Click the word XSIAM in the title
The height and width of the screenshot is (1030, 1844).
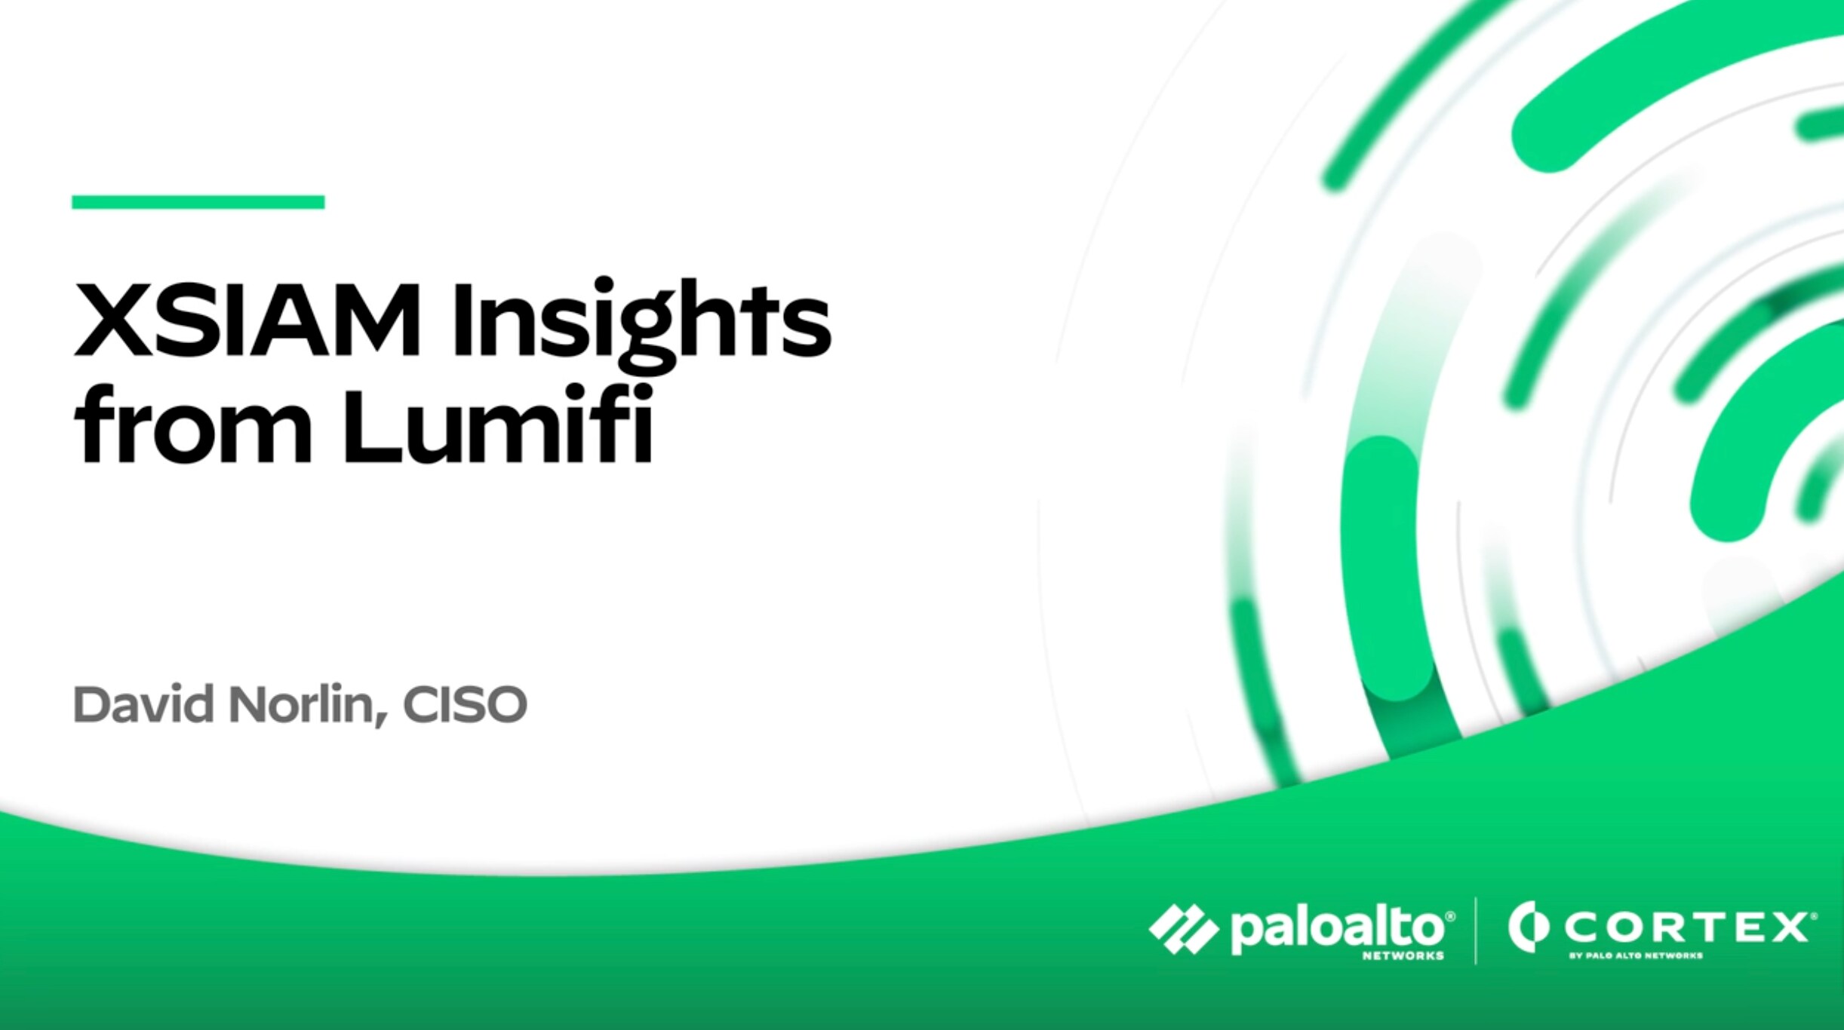coord(247,319)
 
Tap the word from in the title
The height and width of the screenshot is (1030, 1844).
coord(192,424)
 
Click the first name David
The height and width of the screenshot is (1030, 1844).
coord(143,704)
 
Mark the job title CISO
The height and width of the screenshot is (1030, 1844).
coord(465,704)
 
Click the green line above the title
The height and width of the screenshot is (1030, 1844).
coord(198,202)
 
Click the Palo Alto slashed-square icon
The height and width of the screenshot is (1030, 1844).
coord(1183,928)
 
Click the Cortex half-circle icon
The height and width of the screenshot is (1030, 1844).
coord(1528,927)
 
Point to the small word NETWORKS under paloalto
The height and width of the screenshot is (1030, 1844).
coord(1403,955)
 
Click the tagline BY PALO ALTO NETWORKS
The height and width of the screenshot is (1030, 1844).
coord(1636,955)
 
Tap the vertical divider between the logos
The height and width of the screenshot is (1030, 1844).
coord(1476,930)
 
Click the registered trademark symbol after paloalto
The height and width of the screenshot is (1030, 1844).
coord(1449,916)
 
